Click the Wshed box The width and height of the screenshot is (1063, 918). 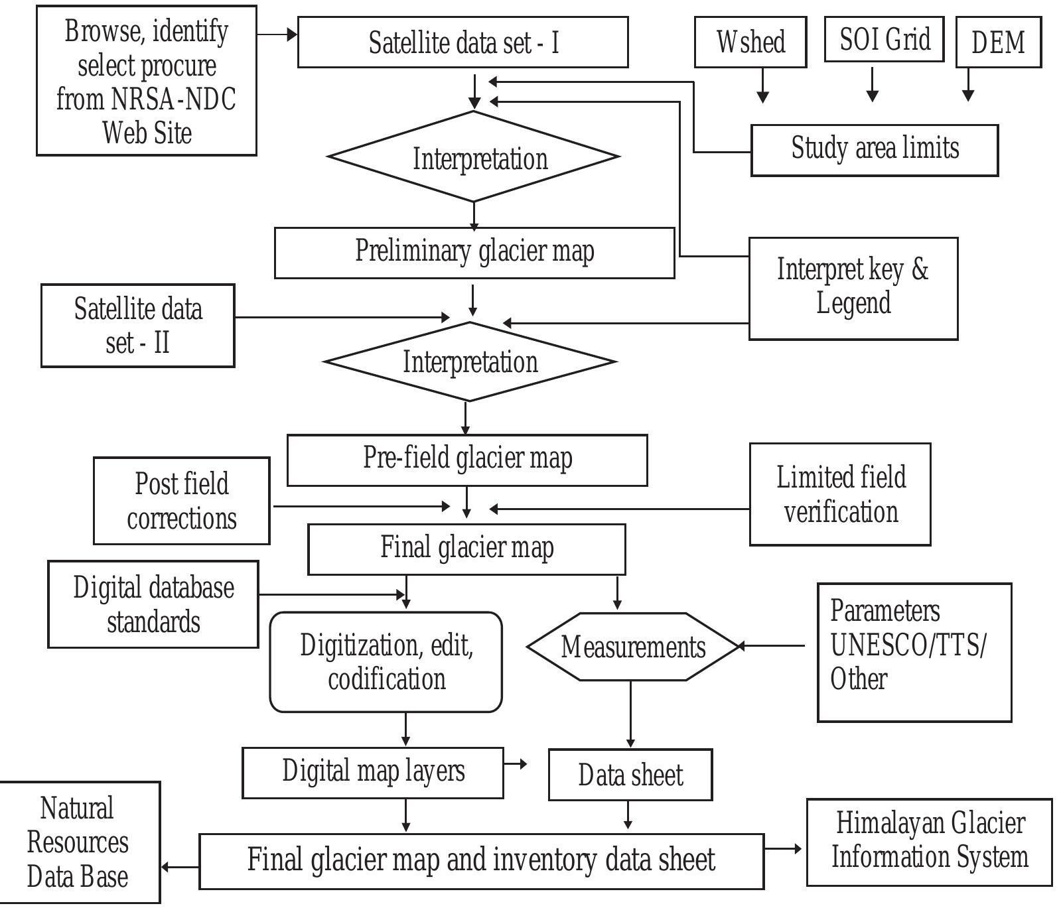pyautogui.click(x=750, y=42)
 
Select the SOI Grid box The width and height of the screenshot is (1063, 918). pyautogui.click(x=884, y=40)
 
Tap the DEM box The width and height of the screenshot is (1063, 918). pyautogui.click(x=998, y=42)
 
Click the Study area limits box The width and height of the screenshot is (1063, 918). pyautogui.click(x=875, y=150)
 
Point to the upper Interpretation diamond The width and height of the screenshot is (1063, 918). pyautogui.click(x=474, y=157)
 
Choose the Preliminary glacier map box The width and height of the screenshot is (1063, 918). pyautogui.click(x=474, y=253)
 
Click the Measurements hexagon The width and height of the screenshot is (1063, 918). pyautogui.click(x=632, y=647)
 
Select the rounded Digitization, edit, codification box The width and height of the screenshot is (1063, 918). pyautogui.click(x=386, y=662)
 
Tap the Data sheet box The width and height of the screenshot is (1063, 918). pyautogui.click(x=630, y=775)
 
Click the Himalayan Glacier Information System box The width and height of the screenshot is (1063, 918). pyautogui.click(x=929, y=842)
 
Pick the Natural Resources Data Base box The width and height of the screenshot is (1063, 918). pyautogui.click(x=78, y=842)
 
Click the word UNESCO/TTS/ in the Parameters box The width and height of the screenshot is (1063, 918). pyautogui.click(x=908, y=645)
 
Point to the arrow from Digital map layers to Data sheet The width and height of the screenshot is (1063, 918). pyautogui.click(x=516, y=764)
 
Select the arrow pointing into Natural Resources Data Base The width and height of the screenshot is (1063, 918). pyautogui.click(x=179, y=866)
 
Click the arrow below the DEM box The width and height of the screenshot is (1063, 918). pyautogui.click(x=968, y=85)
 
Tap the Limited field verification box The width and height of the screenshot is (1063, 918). pyautogui.click(x=840, y=495)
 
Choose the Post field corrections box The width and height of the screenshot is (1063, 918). pyautogui.click(x=182, y=501)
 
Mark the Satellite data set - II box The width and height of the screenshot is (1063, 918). pyautogui.click(x=138, y=326)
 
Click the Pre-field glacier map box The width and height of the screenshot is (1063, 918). pyautogui.click(x=467, y=460)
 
